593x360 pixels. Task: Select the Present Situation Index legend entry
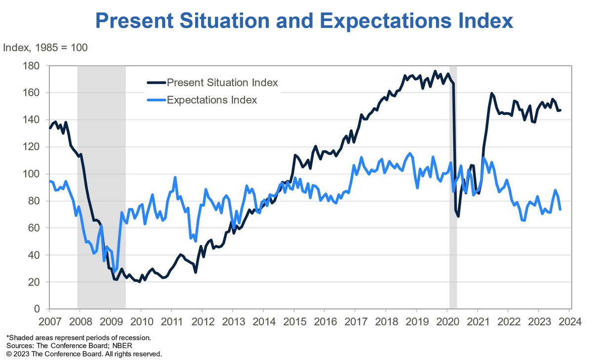pos(222,82)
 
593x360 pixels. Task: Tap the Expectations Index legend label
pos(212,100)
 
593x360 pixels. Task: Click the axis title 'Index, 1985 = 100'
pos(45,48)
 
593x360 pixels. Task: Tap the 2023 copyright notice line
pos(84,354)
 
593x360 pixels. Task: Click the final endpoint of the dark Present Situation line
pos(560,110)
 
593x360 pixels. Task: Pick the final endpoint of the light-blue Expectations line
pos(560,209)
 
